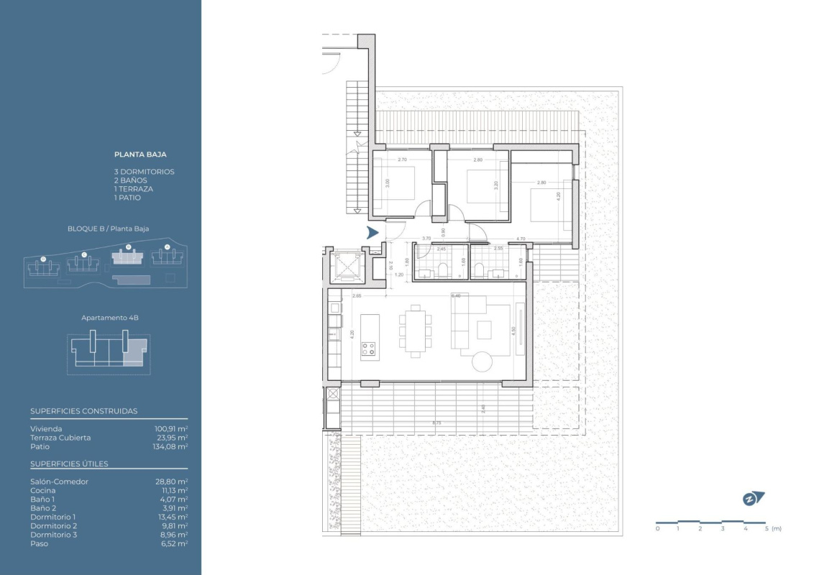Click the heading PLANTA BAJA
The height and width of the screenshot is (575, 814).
coord(140,154)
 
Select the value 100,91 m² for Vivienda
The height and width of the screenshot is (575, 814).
coord(172,428)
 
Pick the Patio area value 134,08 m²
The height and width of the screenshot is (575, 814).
coord(172,446)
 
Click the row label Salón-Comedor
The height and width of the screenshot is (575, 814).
coord(59,482)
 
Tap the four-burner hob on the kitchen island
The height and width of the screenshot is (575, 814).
coord(369,349)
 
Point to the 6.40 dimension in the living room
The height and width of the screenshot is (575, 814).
coord(454,295)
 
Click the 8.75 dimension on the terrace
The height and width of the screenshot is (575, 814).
coord(436,423)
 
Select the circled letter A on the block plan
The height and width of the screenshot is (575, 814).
coord(167,247)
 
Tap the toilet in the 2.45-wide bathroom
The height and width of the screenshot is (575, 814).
coord(444,270)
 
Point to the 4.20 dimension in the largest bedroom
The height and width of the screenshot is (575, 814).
coord(559,195)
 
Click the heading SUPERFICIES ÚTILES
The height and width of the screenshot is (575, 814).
coord(69,464)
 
